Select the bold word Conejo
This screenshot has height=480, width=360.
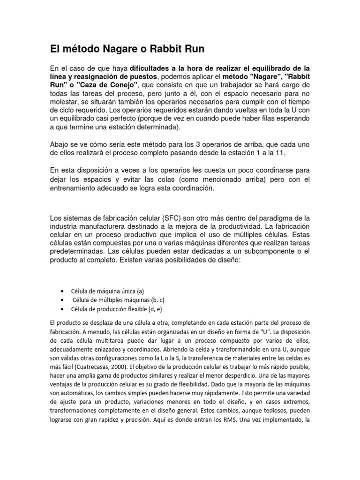pos(123,84)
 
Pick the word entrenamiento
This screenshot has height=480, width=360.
pos(76,188)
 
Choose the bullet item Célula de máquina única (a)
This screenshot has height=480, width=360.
pos(104,291)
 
